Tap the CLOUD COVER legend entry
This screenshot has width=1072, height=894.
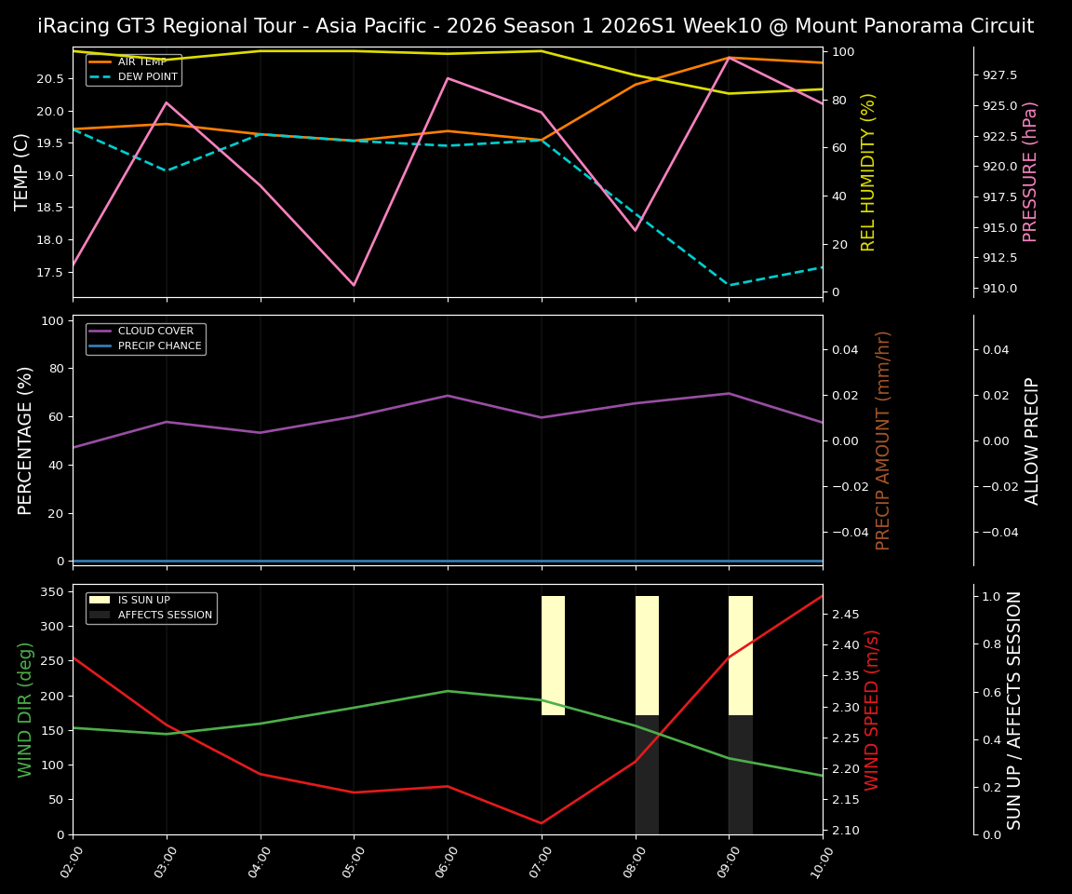(x=155, y=332)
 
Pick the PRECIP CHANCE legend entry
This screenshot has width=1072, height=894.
(x=159, y=346)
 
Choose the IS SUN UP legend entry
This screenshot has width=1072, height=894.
(x=143, y=601)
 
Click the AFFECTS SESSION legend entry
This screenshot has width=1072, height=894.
(x=164, y=616)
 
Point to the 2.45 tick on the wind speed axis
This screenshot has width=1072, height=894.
(x=845, y=615)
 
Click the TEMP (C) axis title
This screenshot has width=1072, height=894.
(x=22, y=171)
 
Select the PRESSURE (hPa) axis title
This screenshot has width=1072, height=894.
(x=1030, y=171)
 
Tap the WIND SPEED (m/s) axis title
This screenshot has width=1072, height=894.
(x=872, y=710)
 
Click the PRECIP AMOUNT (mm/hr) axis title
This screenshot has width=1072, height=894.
(x=883, y=440)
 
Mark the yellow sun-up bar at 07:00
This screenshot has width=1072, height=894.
(x=553, y=656)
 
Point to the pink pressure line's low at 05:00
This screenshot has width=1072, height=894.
(x=354, y=285)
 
